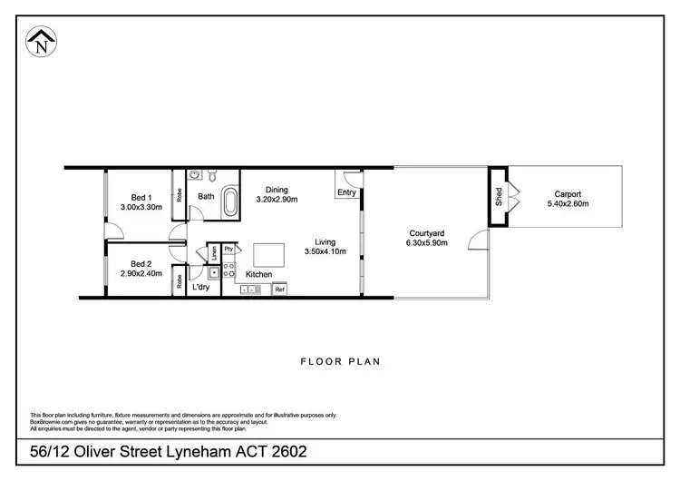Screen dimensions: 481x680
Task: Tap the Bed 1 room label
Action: click(x=140, y=197)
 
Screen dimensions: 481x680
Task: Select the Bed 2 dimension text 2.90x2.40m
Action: click(x=141, y=272)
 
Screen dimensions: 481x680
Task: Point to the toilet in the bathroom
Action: click(x=212, y=174)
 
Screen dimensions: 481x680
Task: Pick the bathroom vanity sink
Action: click(x=195, y=176)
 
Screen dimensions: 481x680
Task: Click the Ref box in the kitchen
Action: click(x=280, y=290)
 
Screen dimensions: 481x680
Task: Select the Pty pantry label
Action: click(x=228, y=248)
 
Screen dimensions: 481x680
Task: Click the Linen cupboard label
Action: click(x=214, y=253)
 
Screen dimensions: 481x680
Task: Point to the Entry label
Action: click(x=346, y=192)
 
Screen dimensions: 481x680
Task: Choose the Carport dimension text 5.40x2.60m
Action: click(x=568, y=204)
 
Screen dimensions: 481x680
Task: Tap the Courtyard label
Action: click(x=425, y=232)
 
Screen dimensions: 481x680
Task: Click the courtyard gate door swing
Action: click(x=479, y=240)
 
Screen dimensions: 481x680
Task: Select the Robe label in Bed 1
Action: click(x=180, y=193)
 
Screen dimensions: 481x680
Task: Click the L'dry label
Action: click(x=200, y=287)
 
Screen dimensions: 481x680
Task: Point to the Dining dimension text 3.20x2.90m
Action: click(x=277, y=200)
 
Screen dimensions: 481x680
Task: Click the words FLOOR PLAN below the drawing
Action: click(x=340, y=361)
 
